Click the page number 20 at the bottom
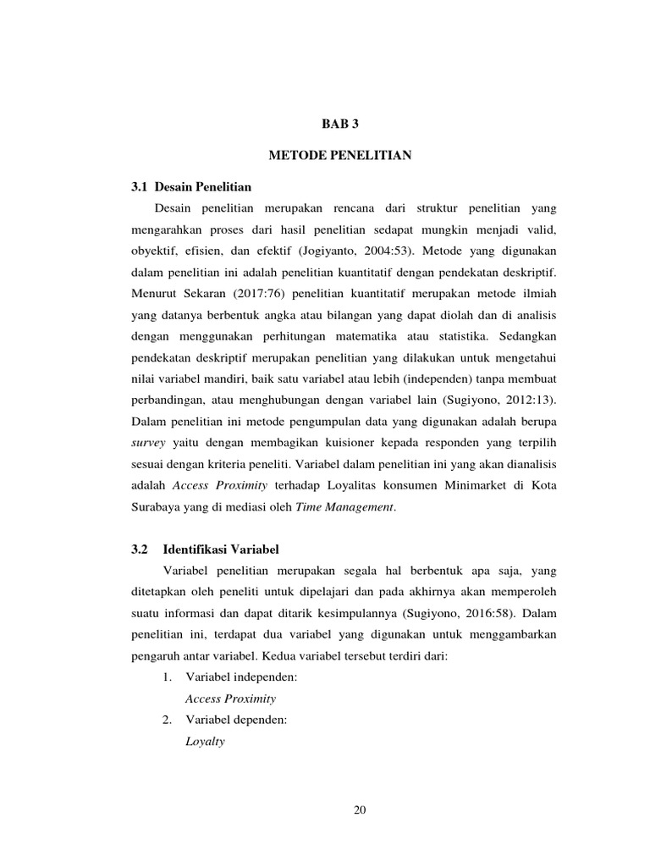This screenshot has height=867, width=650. (x=360, y=810)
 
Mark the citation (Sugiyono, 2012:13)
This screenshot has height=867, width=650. (x=504, y=399)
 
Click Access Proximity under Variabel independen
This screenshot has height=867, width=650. (x=230, y=699)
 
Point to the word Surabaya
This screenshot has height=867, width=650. (x=159, y=508)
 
